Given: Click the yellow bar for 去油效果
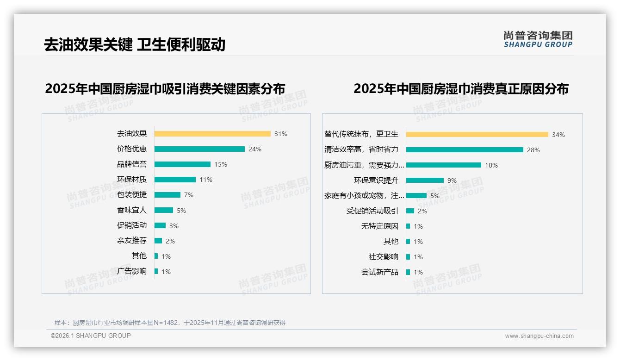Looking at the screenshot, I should click(212, 134).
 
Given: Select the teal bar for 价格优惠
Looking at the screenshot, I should click(199, 149).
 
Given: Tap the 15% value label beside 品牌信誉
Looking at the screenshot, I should click(221, 164).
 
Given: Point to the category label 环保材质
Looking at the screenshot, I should click(132, 180).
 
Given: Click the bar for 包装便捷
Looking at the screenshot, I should click(167, 195).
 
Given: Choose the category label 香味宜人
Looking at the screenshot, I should click(132, 210).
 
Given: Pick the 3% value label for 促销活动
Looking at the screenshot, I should click(174, 226).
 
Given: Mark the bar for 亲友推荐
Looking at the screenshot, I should click(158, 241).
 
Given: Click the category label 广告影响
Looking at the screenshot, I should click(132, 271).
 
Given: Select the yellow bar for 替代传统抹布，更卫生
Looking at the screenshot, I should click(477, 135).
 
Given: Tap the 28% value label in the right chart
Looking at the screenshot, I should click(533, 150).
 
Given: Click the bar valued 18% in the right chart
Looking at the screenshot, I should click(444, 165).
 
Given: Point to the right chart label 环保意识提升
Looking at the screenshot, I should click(376, 180).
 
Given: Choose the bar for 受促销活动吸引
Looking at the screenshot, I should click(410, 211).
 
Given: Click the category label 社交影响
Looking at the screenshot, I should click(384, 257).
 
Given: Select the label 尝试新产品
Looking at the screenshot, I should click(380, 272).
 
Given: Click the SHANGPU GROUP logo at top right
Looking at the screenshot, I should click(538, 39).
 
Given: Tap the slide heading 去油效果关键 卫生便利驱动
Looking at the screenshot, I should click(135, 44).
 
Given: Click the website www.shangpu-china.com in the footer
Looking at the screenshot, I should click(539, 336).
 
